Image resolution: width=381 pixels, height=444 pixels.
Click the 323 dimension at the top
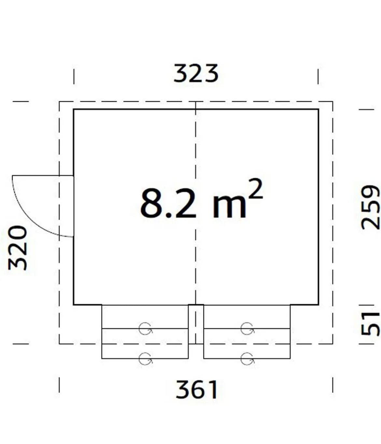(x=196, y=74)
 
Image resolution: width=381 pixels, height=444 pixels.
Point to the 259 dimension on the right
(x=370, y=208)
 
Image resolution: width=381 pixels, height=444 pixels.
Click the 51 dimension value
(x=370, y=324)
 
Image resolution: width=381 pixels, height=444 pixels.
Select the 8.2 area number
(x=168, y=203)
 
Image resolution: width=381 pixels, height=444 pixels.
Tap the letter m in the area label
(x=229, y=207)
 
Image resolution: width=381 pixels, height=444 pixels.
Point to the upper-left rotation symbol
(x=146, y=329)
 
